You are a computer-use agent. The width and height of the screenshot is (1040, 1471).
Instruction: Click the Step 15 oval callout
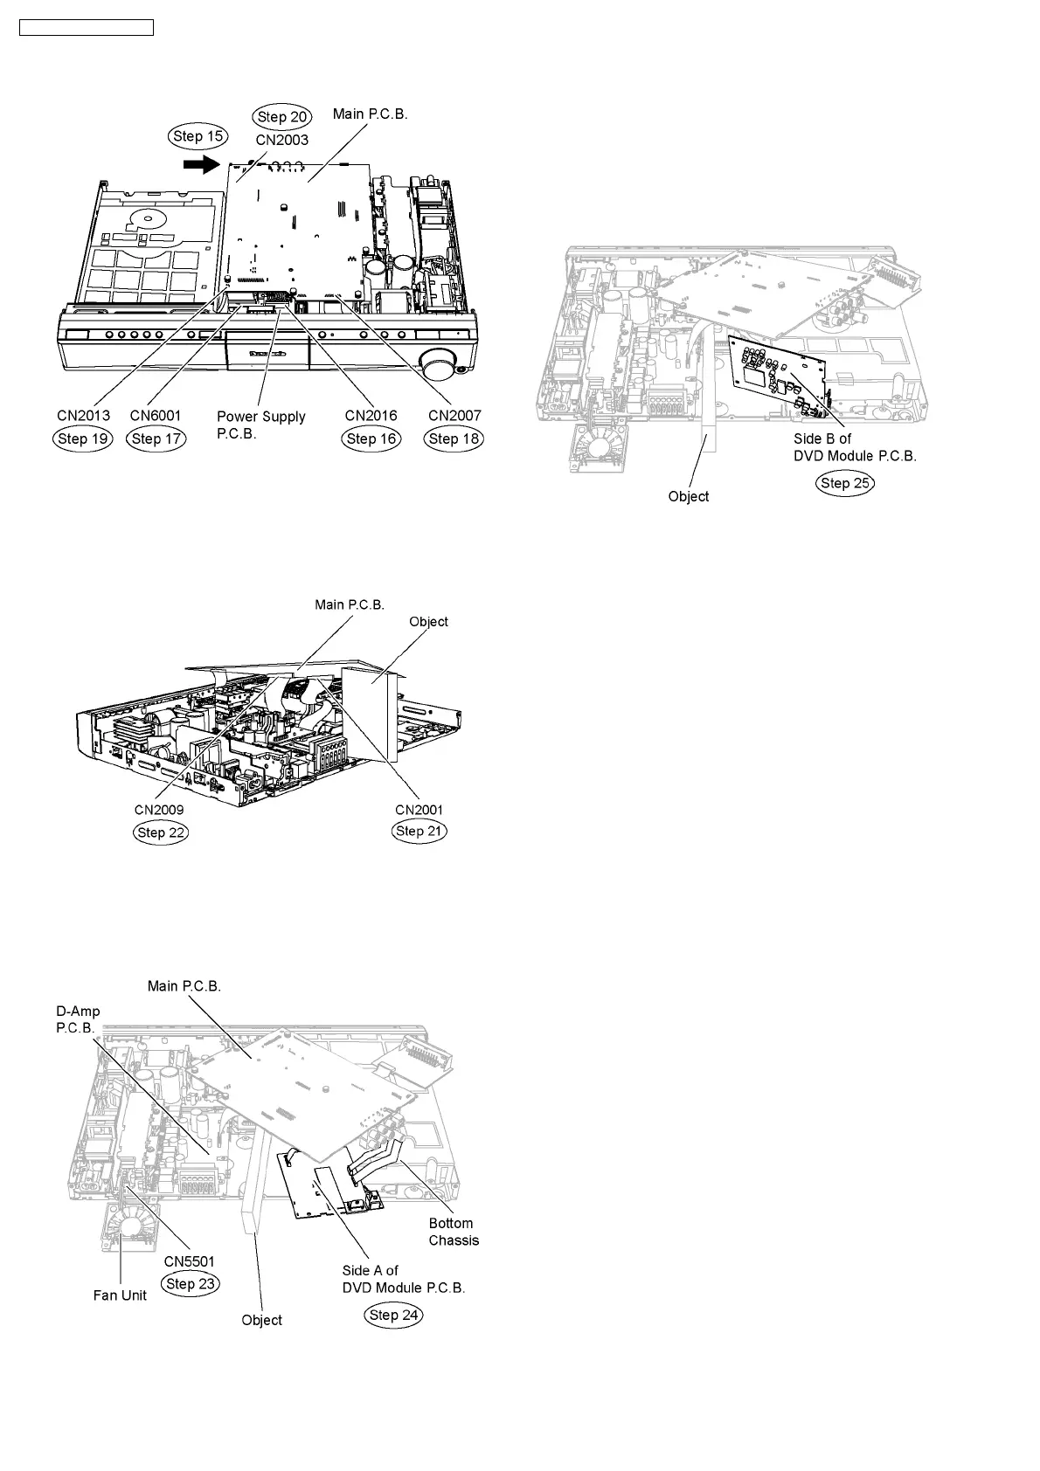point(198,136)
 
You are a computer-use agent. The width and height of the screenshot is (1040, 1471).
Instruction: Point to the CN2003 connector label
point(281,140)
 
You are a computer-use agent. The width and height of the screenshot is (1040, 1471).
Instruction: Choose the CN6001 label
point(156,416)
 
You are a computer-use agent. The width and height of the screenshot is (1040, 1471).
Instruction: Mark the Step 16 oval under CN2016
point(371,439)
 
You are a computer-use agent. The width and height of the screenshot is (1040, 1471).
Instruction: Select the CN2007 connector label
point(454,416)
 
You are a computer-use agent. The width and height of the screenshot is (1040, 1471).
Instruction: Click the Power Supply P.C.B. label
point(260,425)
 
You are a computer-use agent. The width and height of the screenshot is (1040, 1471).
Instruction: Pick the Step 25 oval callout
point(846,483)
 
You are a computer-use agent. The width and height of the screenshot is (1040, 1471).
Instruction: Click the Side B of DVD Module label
point(855,447)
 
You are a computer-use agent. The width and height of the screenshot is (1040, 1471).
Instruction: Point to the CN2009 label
point(159,810)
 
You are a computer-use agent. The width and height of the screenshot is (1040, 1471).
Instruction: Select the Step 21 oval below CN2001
point(419,831)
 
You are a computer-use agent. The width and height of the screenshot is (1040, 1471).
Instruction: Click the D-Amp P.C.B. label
point(78,1019)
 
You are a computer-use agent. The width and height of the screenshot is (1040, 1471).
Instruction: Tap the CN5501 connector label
point(190,1261)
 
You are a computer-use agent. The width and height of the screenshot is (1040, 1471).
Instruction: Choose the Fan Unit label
point(120,1295)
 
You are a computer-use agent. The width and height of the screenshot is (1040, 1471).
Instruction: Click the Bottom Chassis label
point(454,1232)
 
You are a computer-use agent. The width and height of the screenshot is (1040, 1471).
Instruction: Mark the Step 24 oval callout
point(395,1315)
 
